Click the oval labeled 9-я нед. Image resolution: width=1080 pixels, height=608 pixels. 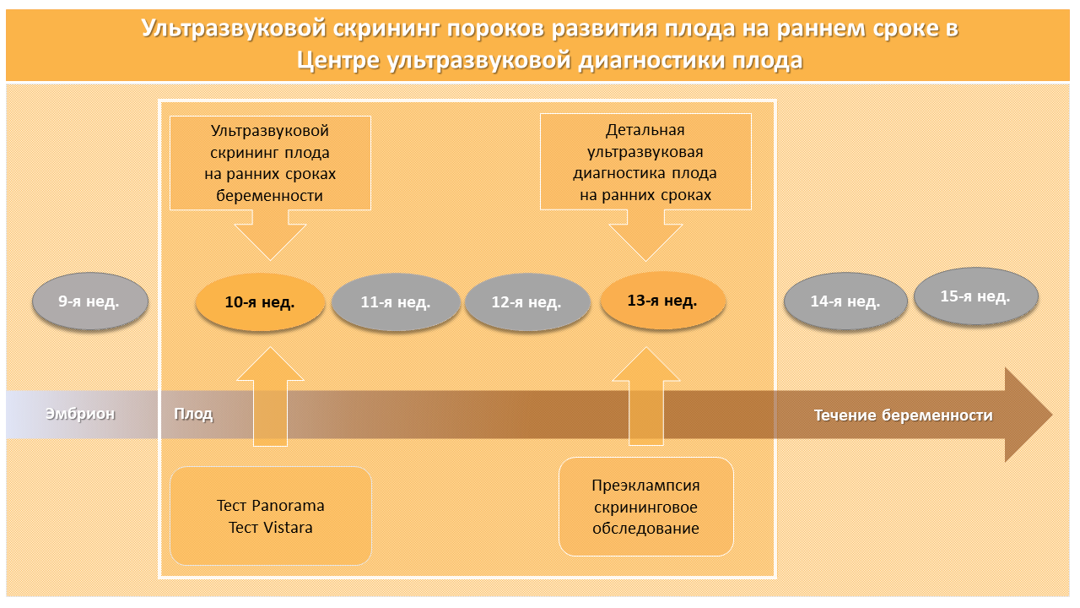point(90,301)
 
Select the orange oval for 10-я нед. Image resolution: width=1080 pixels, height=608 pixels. point(260,302)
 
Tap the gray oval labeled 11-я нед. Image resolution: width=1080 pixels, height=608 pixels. point(396,302)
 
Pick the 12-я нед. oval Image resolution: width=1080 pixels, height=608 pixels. point(527,302)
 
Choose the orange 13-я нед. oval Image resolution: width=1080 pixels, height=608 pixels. point(662,301)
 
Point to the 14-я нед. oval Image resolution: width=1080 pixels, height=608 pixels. point(845,301)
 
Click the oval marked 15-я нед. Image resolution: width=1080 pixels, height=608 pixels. point(976,296)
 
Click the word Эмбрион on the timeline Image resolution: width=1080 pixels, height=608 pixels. point(80,414)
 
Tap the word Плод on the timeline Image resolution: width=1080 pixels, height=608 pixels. point(193,414)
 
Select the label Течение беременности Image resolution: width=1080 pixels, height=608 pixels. point(904,415)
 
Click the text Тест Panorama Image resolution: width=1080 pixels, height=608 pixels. point(271,505)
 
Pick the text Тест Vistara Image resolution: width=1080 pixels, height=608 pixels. point(271,528)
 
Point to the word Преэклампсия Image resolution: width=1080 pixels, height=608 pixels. point(646,486)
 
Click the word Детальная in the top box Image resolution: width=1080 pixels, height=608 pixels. point(645,130)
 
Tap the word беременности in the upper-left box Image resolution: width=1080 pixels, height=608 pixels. point(269,196)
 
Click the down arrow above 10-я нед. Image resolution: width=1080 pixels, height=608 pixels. point(271,236)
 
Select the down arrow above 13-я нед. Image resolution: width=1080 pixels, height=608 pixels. point(646,236)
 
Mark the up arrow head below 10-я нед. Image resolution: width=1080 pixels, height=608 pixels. point(271,364)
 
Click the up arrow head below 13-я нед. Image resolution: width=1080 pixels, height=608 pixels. point(646,364)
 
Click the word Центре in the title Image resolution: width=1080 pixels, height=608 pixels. point(338,61)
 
